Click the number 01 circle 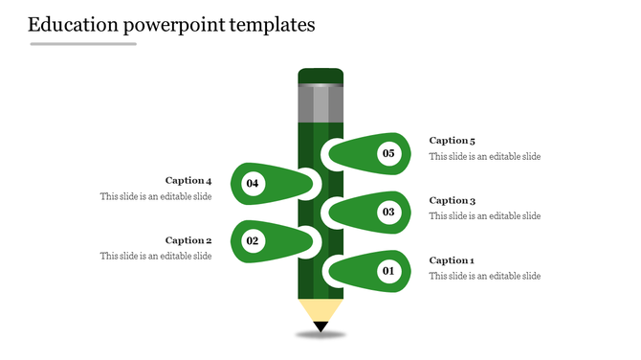388,272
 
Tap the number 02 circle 253,240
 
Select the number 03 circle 388,212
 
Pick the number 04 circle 253,182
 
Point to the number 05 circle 388,153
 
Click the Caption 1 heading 452,260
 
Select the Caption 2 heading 188,240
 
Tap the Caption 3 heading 452,201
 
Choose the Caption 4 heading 188,180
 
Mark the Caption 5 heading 452,141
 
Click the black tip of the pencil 320,327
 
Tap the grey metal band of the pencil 320,103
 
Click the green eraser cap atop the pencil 320,76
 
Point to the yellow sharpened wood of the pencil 320,309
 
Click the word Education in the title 73,25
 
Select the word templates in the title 272,25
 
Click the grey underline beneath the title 83,44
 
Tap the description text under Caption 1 484,276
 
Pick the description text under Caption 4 156,196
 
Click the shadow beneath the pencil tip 320,336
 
